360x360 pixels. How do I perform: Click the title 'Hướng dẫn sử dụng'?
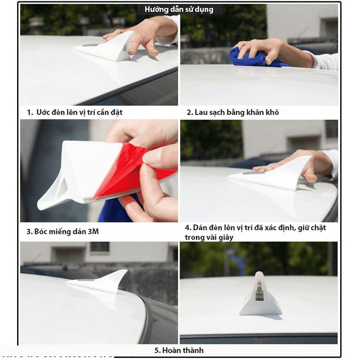(x=179, y=9)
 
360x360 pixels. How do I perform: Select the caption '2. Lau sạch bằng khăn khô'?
(x=233, y=112)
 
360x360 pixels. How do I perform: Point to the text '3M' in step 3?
(x=93, y=231)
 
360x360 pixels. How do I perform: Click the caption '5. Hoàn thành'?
(x=179, y=351)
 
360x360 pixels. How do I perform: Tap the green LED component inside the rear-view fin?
(x=259, y=290)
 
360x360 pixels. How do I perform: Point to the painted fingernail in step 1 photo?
(x=131, y=52)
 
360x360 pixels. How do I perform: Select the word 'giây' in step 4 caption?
(x=226, y=238)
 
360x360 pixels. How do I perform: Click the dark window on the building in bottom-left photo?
(x=99, y=247)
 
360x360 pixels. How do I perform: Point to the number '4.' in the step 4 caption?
(x=188, y=228)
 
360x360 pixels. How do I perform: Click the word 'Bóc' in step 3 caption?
(x=40, y=231)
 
